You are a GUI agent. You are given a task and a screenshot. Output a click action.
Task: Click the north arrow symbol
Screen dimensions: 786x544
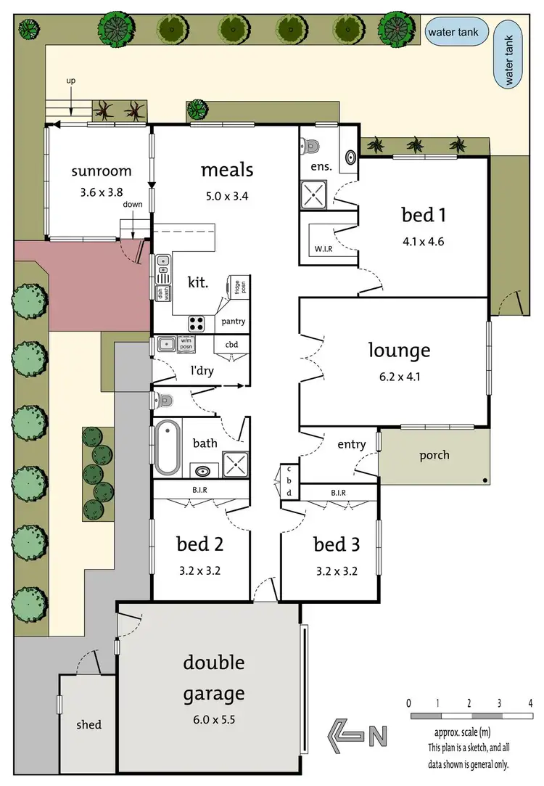click(x=356, y=735)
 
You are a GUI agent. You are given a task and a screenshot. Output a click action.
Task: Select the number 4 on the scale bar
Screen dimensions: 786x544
click(x=531, y=703)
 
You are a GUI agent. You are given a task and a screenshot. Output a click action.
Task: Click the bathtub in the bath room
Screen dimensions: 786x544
click(x=167, y=449)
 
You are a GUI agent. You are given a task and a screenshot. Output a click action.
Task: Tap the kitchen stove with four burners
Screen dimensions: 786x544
click(x=197, y=324)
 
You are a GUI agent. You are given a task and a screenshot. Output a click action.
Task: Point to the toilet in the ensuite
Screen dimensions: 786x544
click(x=312, y=145)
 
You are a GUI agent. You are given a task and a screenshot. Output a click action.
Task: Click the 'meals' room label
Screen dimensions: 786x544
click(x=227, y=170)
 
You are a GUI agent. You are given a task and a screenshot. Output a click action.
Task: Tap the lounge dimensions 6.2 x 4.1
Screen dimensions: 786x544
click(x=399, y=377)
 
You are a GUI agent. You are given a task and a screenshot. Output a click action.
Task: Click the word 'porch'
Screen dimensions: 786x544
click(x=434, y=455)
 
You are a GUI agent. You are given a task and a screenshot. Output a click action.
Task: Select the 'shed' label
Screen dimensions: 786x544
click(x=88, y=724)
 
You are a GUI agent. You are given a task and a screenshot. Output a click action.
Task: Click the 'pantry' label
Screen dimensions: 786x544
click(x=234, y=321)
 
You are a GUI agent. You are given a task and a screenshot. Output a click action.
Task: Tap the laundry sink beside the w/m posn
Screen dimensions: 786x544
click(x=166, y=344)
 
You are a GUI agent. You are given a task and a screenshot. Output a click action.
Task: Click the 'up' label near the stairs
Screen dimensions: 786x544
click(x=70, y=81)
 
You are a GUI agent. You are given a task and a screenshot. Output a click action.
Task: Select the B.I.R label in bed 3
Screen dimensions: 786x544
click(x=338, y=493)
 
